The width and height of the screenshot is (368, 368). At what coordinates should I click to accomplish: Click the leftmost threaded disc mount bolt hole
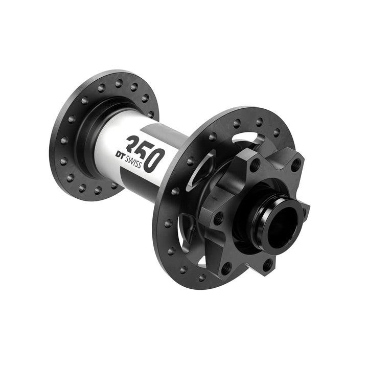[x=218, y=217]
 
